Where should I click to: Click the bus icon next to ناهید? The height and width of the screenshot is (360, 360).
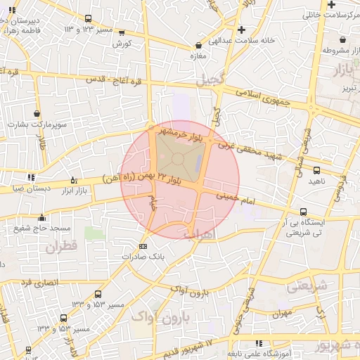316,170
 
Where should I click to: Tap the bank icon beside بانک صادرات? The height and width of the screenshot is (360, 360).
143,246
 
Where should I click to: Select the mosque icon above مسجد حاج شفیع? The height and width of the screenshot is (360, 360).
43,217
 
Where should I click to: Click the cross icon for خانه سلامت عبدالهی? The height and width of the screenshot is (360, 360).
241,30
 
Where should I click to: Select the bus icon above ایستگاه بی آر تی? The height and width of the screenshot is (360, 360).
303,212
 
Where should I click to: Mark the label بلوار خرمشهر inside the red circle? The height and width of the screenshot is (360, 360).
181,133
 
